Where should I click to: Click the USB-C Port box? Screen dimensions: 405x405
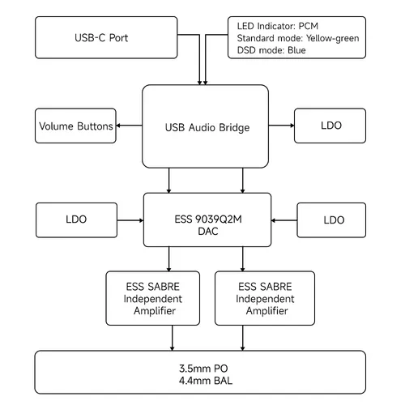(106, 37)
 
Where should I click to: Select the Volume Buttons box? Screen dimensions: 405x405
(75, 126)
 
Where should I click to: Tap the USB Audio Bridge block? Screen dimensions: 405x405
(205, 126)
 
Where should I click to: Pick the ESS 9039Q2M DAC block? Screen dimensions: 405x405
(207, 220)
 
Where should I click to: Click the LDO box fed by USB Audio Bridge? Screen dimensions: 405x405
(330, 126)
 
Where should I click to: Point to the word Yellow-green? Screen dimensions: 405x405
(333, 39)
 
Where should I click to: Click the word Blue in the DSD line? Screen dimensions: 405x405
(296, 50)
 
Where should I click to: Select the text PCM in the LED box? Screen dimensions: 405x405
(309, 26)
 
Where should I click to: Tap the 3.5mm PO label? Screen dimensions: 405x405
(203, 369)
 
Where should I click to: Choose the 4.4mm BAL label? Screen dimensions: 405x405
(206, 381)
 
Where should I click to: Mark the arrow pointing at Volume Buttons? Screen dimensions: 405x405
(129, 126)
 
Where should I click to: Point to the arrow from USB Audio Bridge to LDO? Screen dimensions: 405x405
(281, 126)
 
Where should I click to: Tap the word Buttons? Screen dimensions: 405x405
(95, 126)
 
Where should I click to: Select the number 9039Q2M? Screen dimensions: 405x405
(219, 220)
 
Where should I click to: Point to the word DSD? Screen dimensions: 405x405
(245, 50)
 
